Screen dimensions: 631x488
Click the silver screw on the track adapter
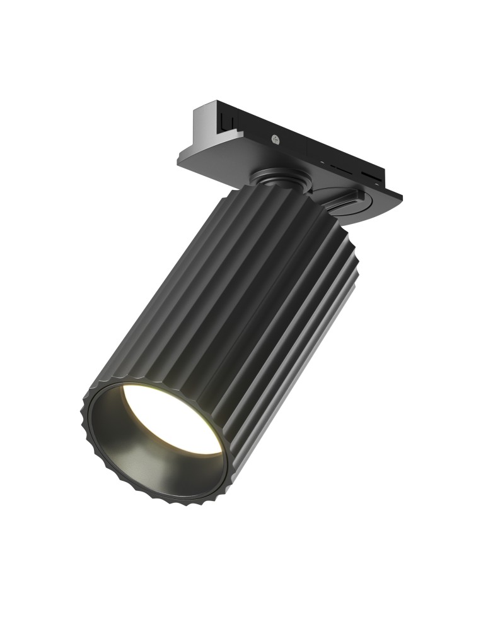click(276, 138)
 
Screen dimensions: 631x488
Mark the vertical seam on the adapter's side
click(307, 149)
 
